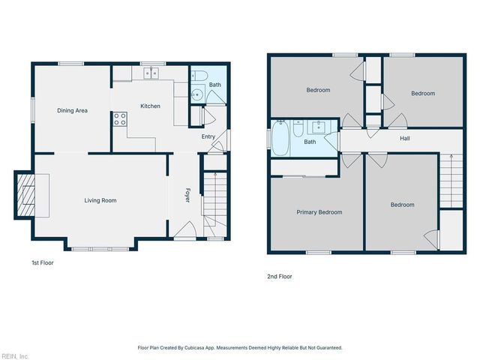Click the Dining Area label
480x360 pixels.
(73, 110)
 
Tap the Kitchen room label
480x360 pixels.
(150, 106)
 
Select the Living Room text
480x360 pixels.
(100, 200)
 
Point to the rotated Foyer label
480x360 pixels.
(188, 196)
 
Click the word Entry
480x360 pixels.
(208, 136)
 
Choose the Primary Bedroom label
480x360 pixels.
(319, 212)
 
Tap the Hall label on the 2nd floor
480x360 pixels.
(404, 139)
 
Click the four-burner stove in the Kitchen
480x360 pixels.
(119, 120)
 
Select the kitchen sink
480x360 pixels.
(151, 73)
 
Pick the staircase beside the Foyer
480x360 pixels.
(215, 201)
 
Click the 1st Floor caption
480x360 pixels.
(42, 263)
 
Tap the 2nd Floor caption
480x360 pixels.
(279, 277)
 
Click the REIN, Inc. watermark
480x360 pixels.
(15, 355)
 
